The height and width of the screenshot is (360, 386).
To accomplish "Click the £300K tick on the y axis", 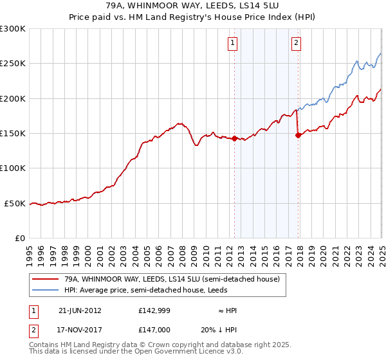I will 13,29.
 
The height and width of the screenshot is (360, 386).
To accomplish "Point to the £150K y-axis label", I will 13,134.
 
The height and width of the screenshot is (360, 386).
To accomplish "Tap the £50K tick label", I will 15,203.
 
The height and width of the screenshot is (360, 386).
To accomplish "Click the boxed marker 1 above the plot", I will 232,43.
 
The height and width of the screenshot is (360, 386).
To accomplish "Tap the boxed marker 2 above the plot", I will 296,43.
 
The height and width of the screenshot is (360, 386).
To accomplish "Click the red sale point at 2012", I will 234,138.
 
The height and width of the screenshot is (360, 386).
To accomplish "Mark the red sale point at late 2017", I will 298,135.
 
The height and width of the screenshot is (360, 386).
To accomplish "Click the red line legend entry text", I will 171,280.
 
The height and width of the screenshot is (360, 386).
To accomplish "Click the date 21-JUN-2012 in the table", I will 80,310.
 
